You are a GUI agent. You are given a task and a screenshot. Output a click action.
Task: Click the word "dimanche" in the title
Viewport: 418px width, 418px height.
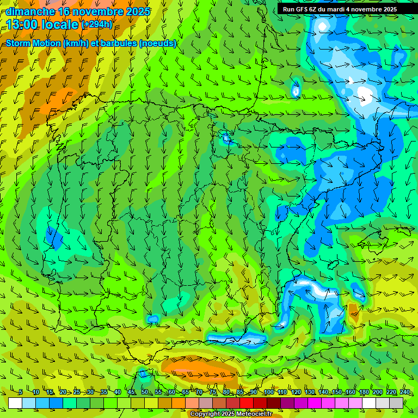click(x=30, y=11)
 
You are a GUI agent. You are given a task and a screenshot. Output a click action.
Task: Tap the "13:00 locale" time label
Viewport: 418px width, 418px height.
click(x=42, y=24)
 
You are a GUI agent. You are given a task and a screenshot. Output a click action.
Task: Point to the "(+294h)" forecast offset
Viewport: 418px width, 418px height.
click(x=97, y=24)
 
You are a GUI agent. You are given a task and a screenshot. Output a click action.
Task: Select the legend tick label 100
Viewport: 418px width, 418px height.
click(x=269, y=392)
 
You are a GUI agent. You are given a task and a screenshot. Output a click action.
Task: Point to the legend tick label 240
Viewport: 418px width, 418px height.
click(x=405, y=392)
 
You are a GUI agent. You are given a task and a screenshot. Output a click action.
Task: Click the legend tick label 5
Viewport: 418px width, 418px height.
click(x=21, y=392)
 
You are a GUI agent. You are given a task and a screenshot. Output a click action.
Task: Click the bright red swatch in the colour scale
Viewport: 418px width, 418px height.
click(x=247, y=403)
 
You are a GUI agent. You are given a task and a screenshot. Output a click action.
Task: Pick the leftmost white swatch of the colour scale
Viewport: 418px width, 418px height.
click(x=15, y=403)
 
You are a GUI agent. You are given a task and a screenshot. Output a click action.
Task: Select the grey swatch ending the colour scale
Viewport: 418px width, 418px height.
click(x=396, y=403)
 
